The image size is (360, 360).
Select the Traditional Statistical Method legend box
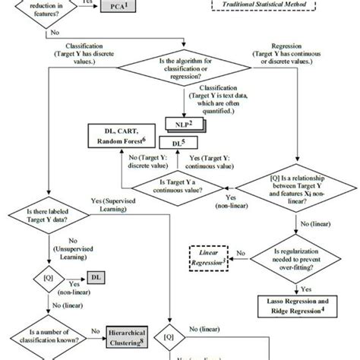(x=270, y=6)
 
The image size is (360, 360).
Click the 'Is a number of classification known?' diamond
(x=48, y=332)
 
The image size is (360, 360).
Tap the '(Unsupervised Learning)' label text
(x=47, y=251)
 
